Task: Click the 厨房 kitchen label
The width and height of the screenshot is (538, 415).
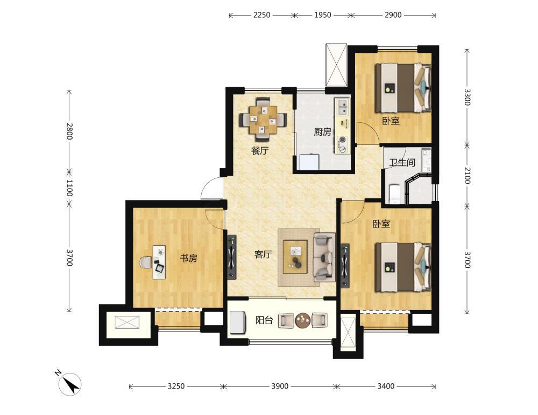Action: pyautogui.click(x=322, y=132)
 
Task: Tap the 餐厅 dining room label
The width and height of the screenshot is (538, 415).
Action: pyautogui.click(x=260, y=150)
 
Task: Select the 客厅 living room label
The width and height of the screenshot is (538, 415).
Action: pyautogui.click(x=263, y=254)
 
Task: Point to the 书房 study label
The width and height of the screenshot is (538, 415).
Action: pyautogui.click(x=189, y=258)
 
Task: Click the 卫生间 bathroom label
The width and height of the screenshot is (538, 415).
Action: pyautogui.click(x=402, y=162)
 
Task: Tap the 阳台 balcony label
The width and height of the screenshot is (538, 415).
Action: pyautogui.click(x=264, y=320)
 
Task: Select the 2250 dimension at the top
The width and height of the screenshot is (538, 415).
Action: pyautogui.click(x=262, y=15)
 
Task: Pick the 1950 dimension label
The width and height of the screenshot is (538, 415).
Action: pyautogui.click(x=323, y=15)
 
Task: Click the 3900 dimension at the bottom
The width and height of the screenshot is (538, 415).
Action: pyautogui.click(x=280, y=386)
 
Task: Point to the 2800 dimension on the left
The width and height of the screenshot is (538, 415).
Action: pyautogui.click(x=69, y=131)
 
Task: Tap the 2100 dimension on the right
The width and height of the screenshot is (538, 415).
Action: pyautogui.click(x=468, y=175)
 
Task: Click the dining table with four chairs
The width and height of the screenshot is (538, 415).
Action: pyautogui.click(x=263, y=119)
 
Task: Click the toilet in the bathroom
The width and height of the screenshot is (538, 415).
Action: pyautogui.click(x=394, y=194)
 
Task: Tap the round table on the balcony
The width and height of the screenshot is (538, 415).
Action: pyautogui.click(x=302, y=321)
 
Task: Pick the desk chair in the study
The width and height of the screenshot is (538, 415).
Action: pyautogui.click(x=146, y=262)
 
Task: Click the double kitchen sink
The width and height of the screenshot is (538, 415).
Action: pyautogui.click(x=342, y=107)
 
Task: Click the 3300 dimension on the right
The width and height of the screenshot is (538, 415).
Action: pyautogui.click(x=468, y=98)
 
